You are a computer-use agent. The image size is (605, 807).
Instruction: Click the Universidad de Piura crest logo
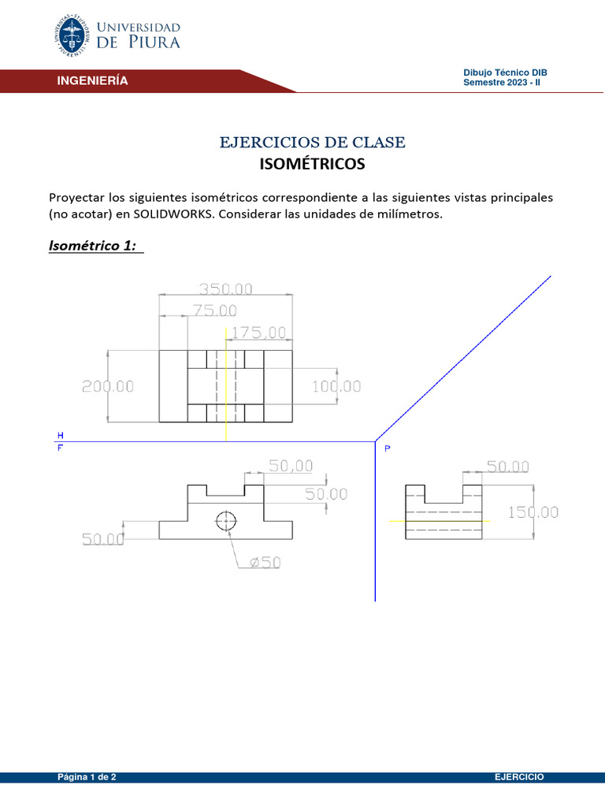(x=73, y=35)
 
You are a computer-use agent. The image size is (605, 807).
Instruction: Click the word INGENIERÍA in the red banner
(x=91, y=81)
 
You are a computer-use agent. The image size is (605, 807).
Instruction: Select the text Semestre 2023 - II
(x=501, y=82)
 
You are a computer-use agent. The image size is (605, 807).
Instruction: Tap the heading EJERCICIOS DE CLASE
(x=313, y=143)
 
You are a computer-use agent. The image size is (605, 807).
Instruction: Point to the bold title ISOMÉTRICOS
(x=312, y=165)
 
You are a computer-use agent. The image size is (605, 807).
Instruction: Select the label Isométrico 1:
(x=92, y=246)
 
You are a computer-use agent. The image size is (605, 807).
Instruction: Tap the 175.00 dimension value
(x=258, y=333)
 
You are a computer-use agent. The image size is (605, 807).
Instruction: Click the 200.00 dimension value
(x=108, y=387)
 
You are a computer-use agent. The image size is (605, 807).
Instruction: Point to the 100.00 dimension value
(x=336, y=387)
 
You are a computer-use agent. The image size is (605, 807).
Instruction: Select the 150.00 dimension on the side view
(x=533, y=512)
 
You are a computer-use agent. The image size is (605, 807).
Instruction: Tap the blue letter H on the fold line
(x=60, y=435)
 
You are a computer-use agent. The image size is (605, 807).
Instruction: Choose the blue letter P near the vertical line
(x=387, y=449)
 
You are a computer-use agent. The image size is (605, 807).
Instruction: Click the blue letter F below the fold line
(x=60, y=448)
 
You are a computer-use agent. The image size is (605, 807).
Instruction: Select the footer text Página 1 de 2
(x=87, y=777)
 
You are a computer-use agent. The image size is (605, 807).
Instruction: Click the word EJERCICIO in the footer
(x=519, y=777)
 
